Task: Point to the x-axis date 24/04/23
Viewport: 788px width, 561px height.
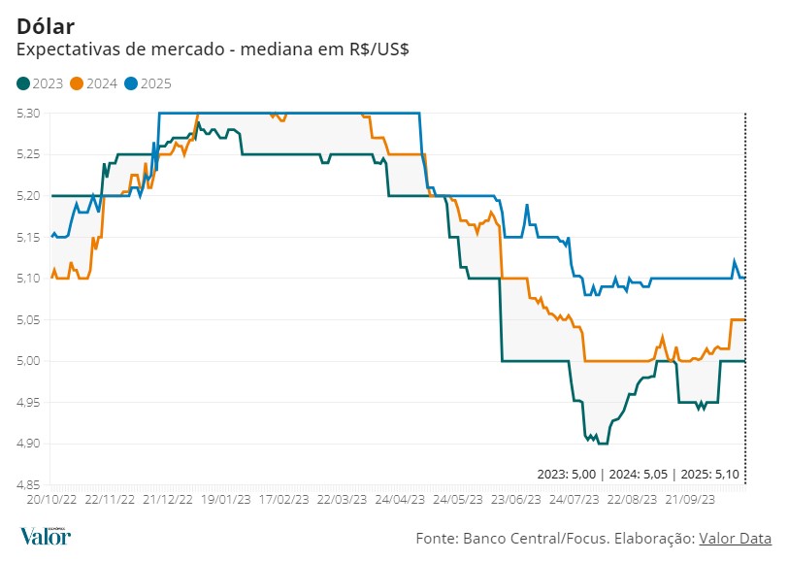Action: tap(400, 499)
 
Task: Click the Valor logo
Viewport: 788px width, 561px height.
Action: tap(46, 536)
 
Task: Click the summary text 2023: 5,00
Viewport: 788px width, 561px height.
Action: tap(568, 475)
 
